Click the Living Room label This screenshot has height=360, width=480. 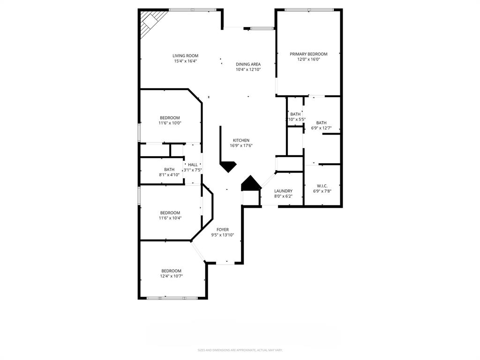pyautogui.click(x=185, y=55)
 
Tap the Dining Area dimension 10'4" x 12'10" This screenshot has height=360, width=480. pyautogui.click(x=248, y=69)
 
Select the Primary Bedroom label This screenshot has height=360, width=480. pyautogui.click(x=308, y=54)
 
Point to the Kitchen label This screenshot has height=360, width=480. pyautogui.click(x=241, y=140)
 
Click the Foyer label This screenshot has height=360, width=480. pyautogui.click(x=223, y=230)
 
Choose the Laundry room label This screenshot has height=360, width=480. pyautogui.click(x=283, y=191)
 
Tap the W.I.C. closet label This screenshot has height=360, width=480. pyautogui.click(x=322, y=186)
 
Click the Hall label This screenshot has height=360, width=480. pyautogui.click(x=193, y=165)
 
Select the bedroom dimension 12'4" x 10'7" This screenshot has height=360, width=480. pyautogui.click(x=172, y=276)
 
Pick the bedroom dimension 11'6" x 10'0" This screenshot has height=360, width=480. pyautogui.click(x=170, y=123)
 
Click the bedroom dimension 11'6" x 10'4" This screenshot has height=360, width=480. pyautogui.click(x=170, y=217)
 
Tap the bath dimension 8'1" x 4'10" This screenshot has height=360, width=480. pyautogui.click(x=169, y=175)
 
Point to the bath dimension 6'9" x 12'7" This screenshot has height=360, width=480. pyautogui.click(x=321, y=128)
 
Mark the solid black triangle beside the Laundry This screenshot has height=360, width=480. pyautogui.click(x=251, y=184)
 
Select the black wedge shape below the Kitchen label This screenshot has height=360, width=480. pyautogui.click(x=228, y=166)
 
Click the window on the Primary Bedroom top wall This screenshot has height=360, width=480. pyautogui.click(x=309, y=9)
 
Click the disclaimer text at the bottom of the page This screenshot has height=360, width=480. pyautogui.click(x=240, y=350)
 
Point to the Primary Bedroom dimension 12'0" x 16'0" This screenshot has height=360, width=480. pyautogui.click(x=308, y=59)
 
